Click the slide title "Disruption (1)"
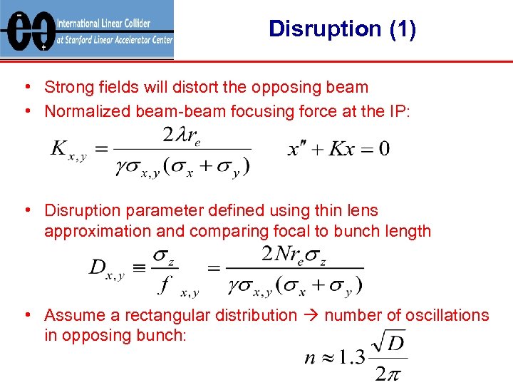point(343,29)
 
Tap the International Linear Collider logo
point(87,29)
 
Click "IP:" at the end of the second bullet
point(400,111)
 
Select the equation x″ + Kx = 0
point(338,149)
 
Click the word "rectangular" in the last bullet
point(200,315)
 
